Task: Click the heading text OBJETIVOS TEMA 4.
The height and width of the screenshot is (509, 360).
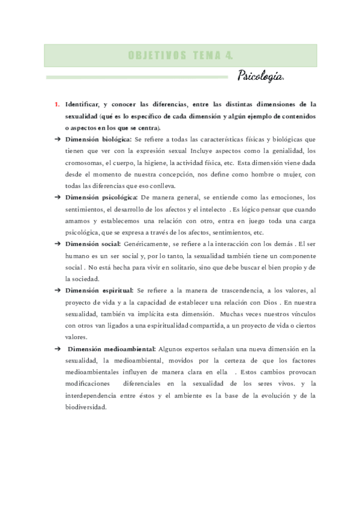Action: pos(180,55)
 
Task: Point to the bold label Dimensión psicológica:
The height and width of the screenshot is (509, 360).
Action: pos(102,197)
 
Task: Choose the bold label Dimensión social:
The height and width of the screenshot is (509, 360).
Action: pos(94,244)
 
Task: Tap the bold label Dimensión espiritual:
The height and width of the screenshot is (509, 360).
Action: pos(99,290)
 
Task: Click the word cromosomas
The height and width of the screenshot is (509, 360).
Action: pos(84,162)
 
